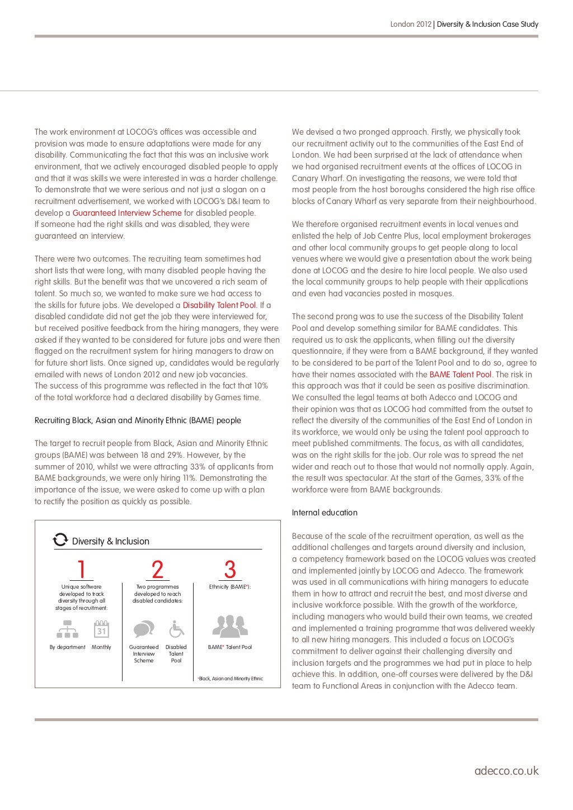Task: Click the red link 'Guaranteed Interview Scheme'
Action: tap(127, 213)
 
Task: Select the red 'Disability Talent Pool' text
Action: tap(219, 305)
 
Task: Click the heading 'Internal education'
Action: tap(325, 513)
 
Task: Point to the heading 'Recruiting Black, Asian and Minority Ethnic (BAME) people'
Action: tap(138, 420)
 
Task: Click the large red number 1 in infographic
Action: tap(82, 570)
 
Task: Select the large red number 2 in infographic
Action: tap(158, 570)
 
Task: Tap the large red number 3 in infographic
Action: tap(230, 570)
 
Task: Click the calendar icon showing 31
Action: tap(101, 629)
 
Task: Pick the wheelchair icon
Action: tap(176, 629)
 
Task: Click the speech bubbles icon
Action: tap(144, 629)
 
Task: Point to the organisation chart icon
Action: tap(68, 630)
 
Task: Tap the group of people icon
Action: tap(230, 627)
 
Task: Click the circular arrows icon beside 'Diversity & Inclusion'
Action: tap(60, 540)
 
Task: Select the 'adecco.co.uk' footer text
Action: tap(506, 771)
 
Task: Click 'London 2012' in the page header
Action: tap(411, 24)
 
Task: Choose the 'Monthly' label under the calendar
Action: tap(101, 647)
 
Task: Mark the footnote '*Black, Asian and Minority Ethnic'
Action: tap(231, 679)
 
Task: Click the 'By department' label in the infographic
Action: tap(68, 647)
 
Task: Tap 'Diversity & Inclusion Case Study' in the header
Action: tap(487, 24)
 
